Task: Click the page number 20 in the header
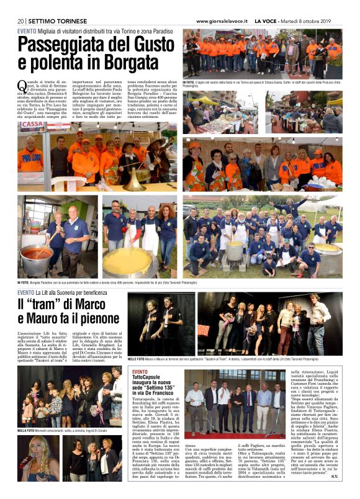coord(20,20)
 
